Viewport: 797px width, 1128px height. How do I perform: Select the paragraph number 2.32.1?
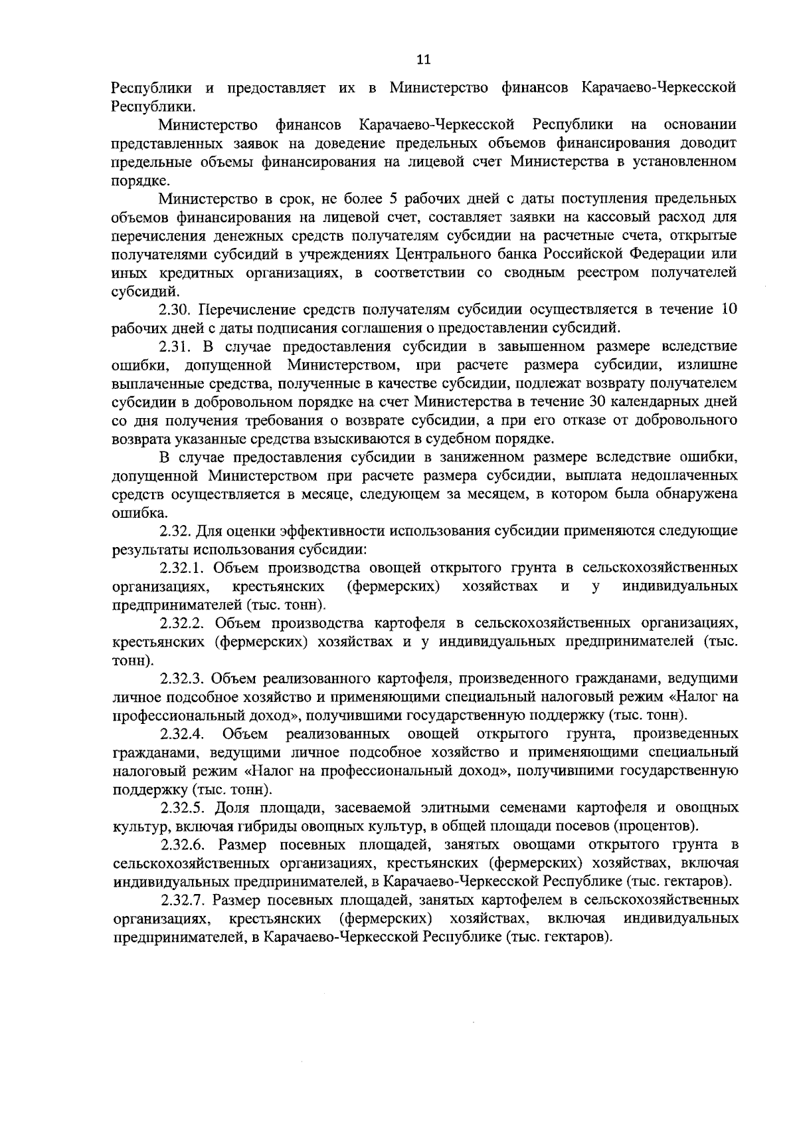(185, 568)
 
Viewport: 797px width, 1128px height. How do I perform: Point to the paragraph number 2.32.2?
(185, 624)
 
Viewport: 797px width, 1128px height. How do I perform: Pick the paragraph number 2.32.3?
(185, 679)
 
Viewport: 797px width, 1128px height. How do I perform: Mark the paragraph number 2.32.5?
(185, 808)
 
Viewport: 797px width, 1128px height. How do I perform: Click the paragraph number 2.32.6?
(185, 846)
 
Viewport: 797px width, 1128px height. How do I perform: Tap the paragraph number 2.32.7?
(185, 901)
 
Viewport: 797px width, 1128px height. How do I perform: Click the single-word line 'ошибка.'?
(131, 513)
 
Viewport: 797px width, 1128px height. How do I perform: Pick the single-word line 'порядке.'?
(132, 180)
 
